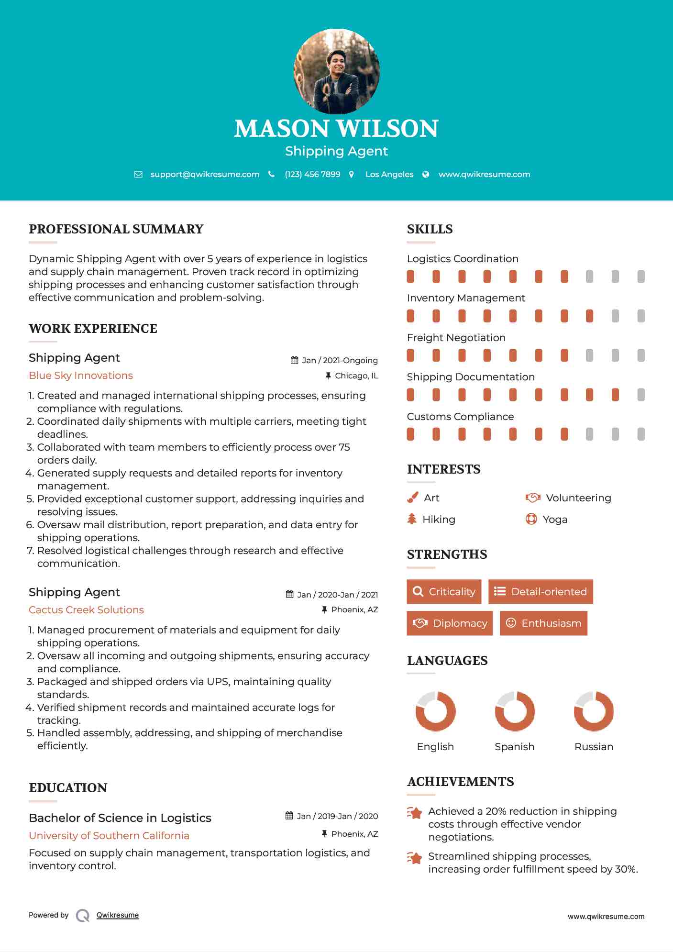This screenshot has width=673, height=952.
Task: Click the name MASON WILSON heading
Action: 336,128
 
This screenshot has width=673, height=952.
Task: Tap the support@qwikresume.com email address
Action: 205,175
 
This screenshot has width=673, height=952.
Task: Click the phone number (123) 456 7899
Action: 312,175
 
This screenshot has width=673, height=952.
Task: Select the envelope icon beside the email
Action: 138,175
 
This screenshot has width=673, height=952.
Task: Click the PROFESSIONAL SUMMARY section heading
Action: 116,229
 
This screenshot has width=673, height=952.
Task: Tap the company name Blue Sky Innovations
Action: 81,376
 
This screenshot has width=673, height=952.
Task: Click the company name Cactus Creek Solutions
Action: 86,610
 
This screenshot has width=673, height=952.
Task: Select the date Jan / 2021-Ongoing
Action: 340,361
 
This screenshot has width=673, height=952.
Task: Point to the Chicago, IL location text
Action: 356,376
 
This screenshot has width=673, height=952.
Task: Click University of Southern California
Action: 109,836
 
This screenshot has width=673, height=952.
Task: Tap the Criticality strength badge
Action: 444,592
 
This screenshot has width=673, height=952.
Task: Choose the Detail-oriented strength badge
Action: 541,592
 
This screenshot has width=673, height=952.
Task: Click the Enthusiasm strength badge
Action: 543,623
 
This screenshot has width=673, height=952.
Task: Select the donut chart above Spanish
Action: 515,711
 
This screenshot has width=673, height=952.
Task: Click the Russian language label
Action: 594,747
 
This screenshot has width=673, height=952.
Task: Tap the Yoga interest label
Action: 555,520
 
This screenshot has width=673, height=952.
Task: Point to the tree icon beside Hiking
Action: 412,519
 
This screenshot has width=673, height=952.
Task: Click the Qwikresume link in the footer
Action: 118,915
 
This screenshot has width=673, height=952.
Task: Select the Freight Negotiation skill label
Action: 456,338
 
